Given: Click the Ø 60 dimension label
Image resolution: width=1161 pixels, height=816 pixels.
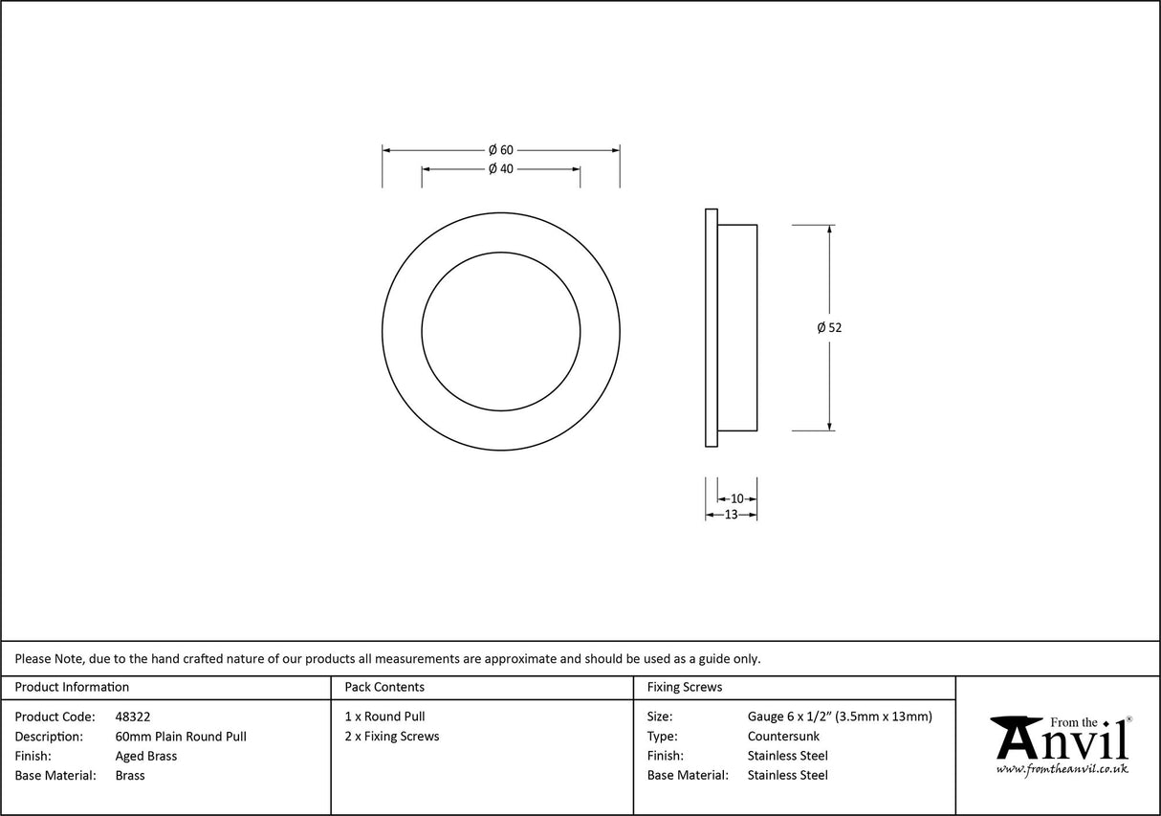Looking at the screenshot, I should [x=501, y=150].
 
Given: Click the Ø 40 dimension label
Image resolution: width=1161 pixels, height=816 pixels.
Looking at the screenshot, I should [x=501, y=169].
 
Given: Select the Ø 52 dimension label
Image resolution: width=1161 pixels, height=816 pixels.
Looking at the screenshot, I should [x=829, y=327].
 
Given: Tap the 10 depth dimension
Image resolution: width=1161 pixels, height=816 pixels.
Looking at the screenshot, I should [x=736, y=498].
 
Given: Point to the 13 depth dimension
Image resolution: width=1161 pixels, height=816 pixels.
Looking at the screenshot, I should [x=731, y=515].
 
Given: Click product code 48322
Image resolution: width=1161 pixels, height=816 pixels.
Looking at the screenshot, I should [x=132, y=717].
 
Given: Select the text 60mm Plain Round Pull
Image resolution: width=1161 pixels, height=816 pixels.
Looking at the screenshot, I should [x=181, y=737].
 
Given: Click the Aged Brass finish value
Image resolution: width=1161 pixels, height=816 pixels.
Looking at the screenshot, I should [x=145, y=756].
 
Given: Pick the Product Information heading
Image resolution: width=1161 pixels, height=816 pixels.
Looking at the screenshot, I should [x=72, y=687].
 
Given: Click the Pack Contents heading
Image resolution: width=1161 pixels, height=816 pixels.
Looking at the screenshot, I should [x=384, y=687].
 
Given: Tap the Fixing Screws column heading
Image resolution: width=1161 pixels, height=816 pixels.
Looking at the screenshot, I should [x=685, y=687].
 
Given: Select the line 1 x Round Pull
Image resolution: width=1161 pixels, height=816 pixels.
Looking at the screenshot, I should [x=384, y=717].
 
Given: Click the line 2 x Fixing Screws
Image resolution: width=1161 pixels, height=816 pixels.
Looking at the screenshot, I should [x=392, y=737].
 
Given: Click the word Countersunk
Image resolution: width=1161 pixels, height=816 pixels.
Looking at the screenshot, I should [x=783, y=737].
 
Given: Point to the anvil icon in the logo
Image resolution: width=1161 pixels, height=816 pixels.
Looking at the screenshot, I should [x=1017, y=736].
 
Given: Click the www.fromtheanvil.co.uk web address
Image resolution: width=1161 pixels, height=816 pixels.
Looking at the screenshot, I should [x=1062, y=768].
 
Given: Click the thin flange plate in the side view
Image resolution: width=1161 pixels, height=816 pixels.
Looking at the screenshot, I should [x=711, y=327].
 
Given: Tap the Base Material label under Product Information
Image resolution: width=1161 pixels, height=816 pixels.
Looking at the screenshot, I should [x=55, y=776].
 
